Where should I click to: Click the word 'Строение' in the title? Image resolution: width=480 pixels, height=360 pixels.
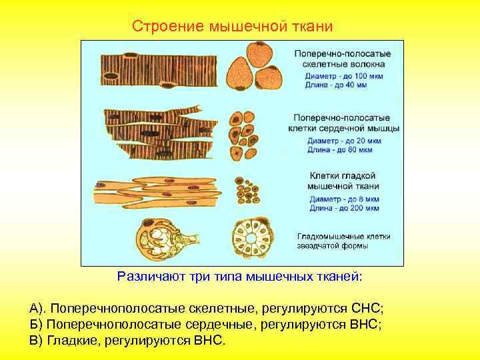(x=168, y=26)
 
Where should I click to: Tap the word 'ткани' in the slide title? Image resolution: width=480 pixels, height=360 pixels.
(x=312, y=26)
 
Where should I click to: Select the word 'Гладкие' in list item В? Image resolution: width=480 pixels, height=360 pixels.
(x=70, y=341)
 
